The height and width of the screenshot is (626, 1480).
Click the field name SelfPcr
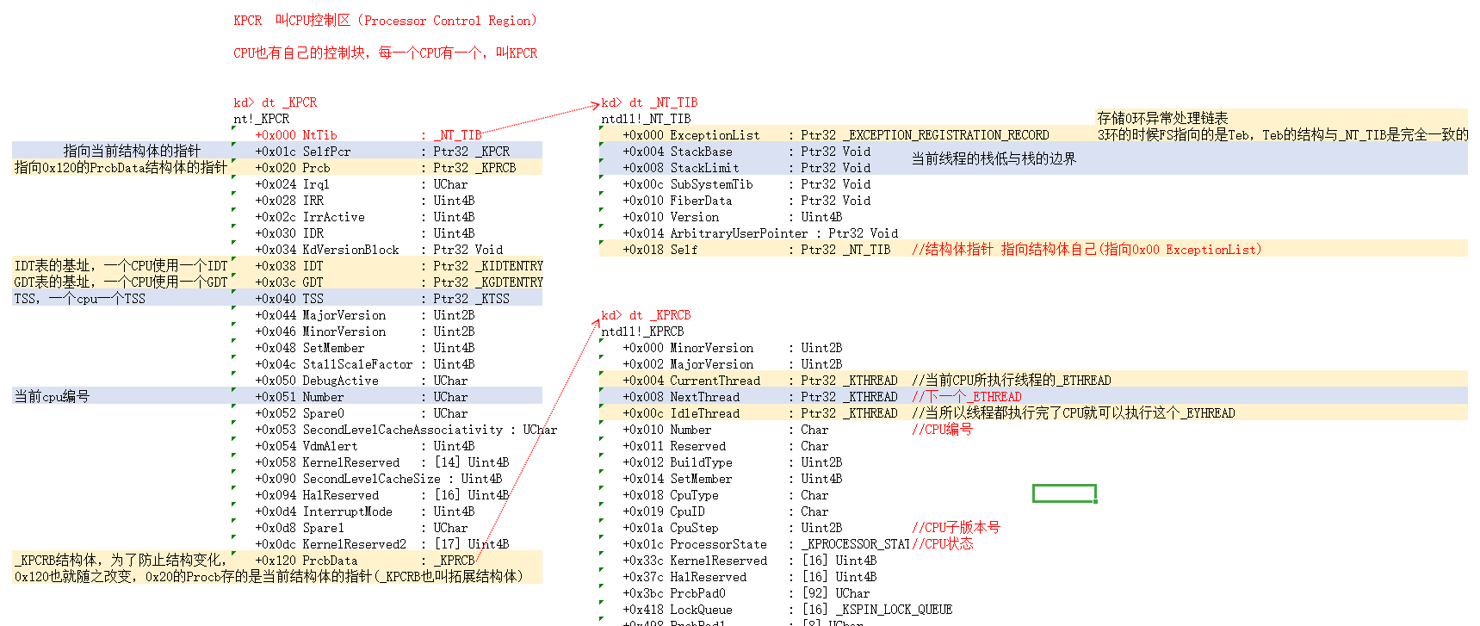coord(326,152)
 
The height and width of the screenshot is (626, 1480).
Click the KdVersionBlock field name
coord(350,250)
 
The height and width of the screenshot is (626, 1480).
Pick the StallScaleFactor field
coord(357,364)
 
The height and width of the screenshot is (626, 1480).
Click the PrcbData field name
coord(330,561)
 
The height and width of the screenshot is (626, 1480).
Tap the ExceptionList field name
coord(715,135)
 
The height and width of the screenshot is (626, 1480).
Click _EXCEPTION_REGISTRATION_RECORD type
coord(945,135)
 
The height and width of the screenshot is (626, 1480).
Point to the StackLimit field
coord(704,168)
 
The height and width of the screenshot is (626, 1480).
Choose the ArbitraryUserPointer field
coord(739,233)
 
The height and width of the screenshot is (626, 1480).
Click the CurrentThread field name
coord(715,381)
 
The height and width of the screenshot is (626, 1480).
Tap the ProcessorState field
coord(718,544)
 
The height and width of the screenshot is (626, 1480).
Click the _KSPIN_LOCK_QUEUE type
coord(894,610)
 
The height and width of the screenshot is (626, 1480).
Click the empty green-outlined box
coord(1064,493)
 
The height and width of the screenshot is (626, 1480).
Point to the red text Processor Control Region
coord(448,21)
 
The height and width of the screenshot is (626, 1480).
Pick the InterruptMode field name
coord(347,511)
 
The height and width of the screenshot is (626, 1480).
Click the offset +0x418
coord(643,610)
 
